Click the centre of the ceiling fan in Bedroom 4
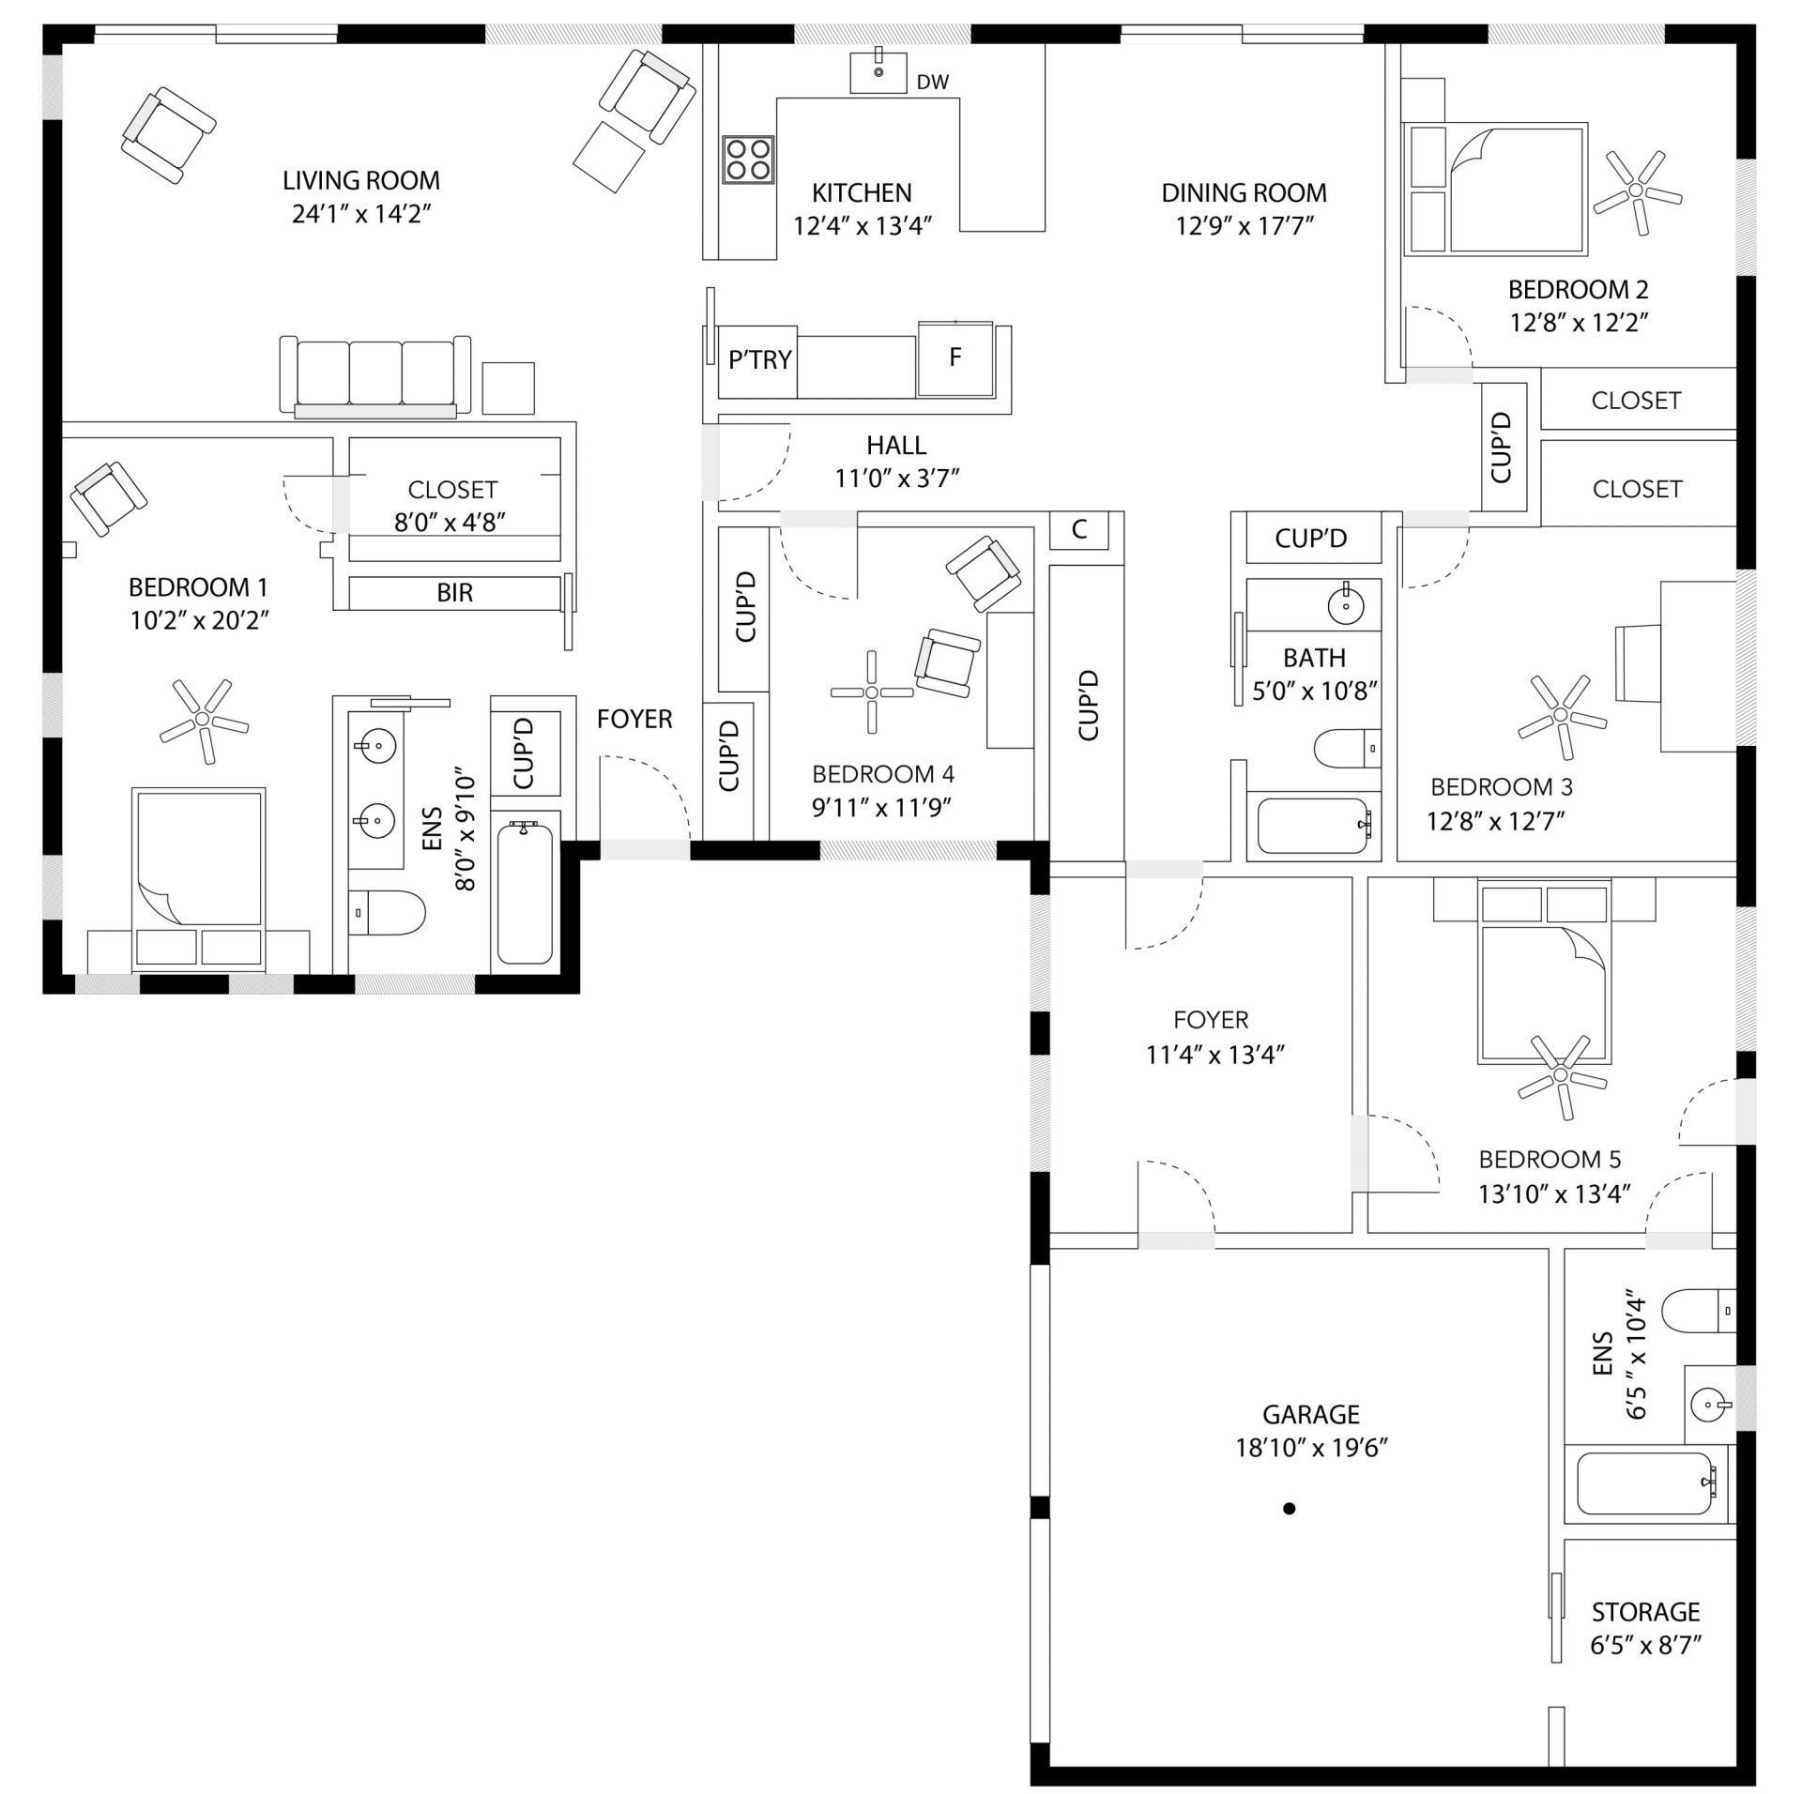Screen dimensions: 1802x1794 point(872,692)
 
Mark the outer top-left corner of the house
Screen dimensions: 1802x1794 point(43,24)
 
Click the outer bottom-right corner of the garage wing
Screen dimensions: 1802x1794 point(1755,1784)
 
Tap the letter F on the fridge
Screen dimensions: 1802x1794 point(955,357)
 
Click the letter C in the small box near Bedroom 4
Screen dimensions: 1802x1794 point(1079,529)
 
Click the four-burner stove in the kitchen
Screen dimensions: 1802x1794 point(748,159)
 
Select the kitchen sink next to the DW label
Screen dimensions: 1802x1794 point(878,72)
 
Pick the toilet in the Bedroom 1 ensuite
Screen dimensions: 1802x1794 point(387,912)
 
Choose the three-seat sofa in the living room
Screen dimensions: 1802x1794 point(375,376)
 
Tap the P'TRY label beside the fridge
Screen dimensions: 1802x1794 point(760,359)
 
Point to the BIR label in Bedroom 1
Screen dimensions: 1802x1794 point(455,593)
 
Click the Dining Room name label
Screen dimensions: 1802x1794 point(1245,193)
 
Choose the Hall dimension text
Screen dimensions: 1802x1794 point(897,479)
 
